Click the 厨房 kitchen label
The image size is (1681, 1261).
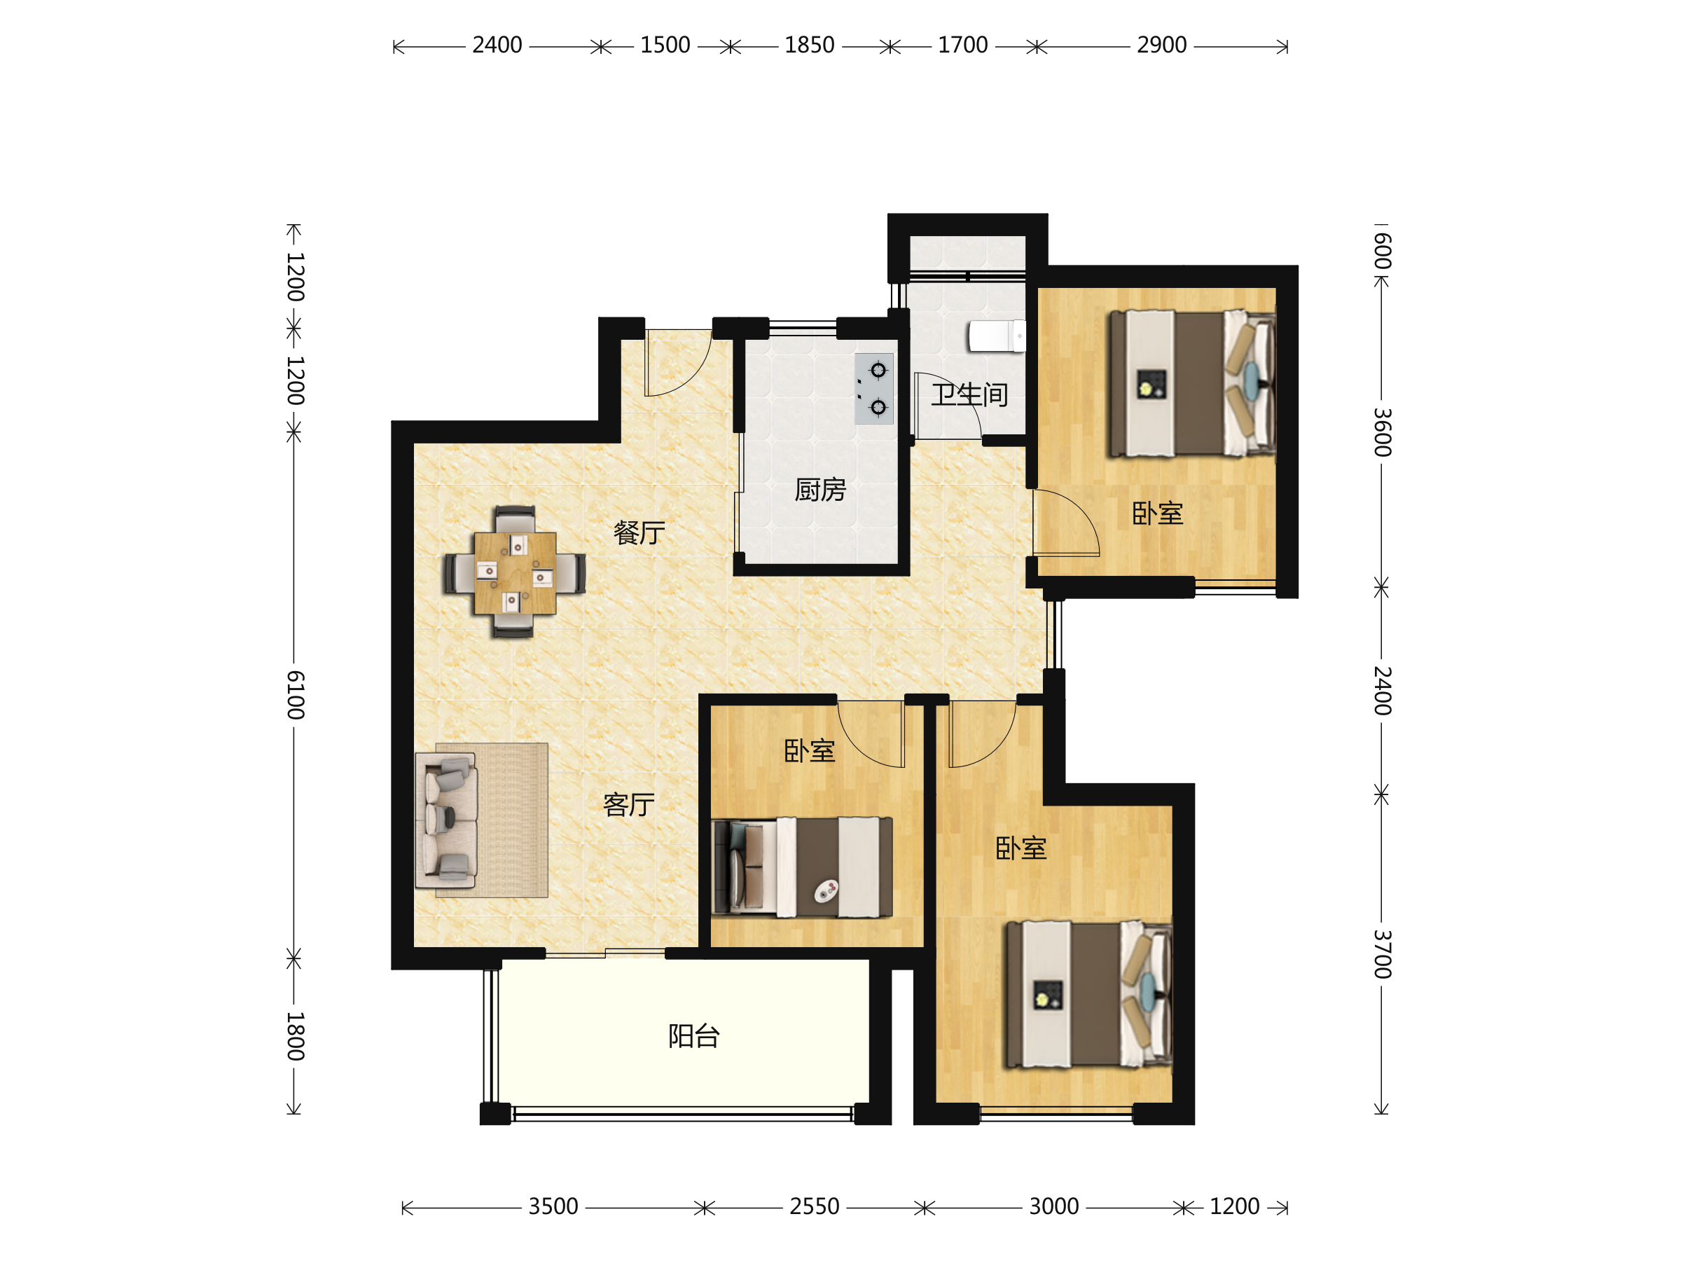[820, 490]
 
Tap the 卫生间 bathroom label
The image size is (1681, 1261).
[969, 394]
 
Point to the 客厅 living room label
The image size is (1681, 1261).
[628, 805]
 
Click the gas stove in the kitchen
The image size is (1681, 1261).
[874, 388]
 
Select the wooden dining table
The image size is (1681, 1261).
[516, 572]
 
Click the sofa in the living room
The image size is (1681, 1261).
[446, 820]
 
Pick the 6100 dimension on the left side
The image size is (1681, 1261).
[296, 696]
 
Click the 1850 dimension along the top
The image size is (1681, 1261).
[810, 46]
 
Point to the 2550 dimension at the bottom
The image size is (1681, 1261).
[814, 1206]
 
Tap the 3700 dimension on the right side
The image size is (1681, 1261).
[1383, 954]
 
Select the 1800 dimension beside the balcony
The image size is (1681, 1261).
[296, 1036]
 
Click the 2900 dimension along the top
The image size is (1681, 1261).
[1161, 46]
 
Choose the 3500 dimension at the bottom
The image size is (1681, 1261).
[553, 1206]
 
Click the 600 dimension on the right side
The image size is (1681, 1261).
[1383, 251]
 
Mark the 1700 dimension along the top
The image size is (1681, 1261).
[963, 46]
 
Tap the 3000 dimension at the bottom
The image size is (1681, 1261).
[1053, 1206]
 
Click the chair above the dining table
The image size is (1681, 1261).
[516, 519]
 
